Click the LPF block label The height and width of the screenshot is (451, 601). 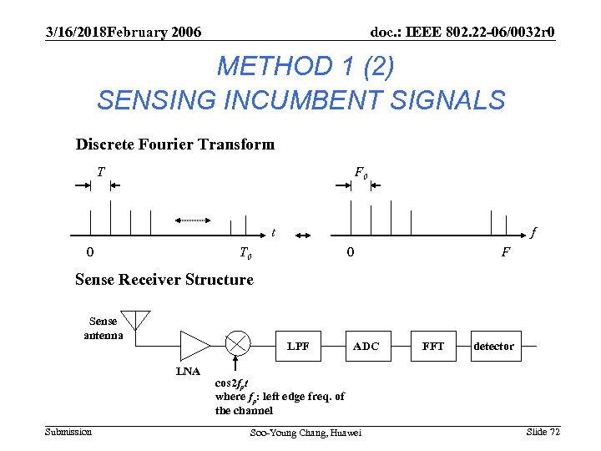[298, 346]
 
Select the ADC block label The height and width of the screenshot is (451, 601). [366, 346]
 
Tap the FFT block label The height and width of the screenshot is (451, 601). [433, 346]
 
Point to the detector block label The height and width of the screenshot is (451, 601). [493, 346]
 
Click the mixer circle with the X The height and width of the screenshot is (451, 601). [238, 342]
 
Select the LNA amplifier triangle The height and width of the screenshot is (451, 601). [195, 343]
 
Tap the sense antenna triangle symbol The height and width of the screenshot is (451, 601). [135, 319]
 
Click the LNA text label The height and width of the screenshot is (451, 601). [188, 371]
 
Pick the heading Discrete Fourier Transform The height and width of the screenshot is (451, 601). [174, 144]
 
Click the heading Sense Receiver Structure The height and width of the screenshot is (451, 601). [164, 280]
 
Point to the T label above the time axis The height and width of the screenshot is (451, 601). [100, 172]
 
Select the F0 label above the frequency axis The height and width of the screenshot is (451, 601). [361, 173]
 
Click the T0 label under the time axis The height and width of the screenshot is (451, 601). [246, 253]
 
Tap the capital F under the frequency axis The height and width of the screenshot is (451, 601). [506, 252]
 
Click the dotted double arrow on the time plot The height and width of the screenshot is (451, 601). [193, 220]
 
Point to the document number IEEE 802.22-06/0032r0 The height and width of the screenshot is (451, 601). [462, 32]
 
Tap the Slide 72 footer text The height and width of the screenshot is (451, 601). [543, 431]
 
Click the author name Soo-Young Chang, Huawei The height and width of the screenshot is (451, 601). [306, 433]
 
